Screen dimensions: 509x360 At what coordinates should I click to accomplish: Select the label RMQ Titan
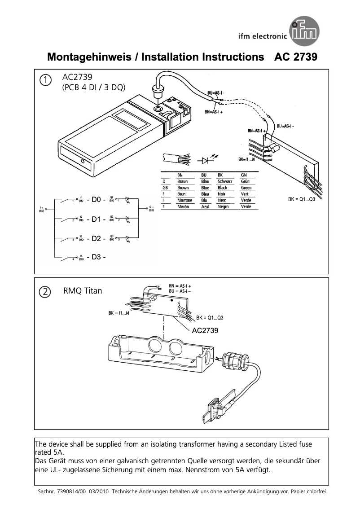click(83, 291)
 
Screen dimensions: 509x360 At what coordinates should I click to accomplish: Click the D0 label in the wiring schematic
click(96, 200)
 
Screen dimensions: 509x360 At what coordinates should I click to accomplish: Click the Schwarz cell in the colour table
click(224, 181)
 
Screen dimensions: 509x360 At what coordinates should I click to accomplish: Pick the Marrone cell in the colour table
click(184, 200)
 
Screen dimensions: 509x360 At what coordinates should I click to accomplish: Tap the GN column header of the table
click(244, 175)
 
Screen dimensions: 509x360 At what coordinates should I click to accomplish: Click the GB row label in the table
click(165, 188)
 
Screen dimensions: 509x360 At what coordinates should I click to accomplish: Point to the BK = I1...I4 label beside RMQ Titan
click(119, 313)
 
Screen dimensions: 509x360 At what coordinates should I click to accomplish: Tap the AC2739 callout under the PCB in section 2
click(205, 331)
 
